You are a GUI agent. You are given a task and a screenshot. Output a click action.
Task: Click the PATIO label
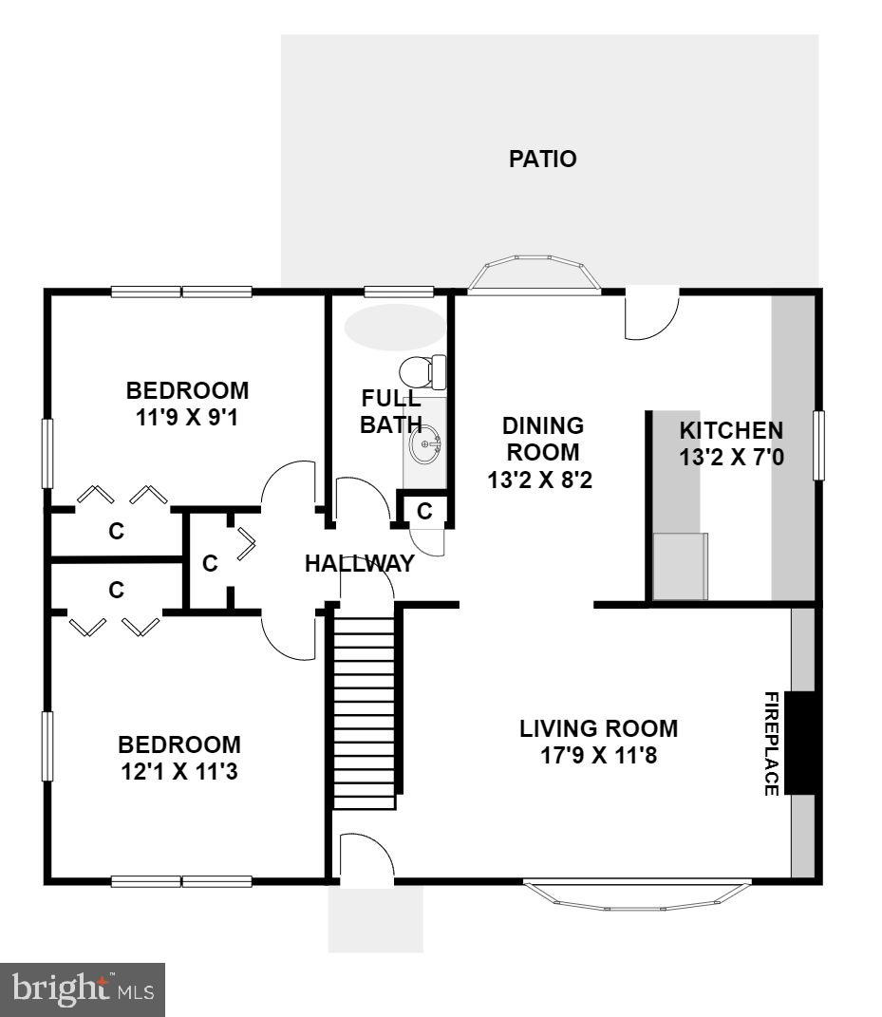click(542, 159)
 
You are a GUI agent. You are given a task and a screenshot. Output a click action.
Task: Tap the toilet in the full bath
click(424, 370)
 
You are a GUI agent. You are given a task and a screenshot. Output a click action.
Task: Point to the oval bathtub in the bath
click(394, 327)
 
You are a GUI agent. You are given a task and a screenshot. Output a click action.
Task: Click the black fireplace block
click(802, 743)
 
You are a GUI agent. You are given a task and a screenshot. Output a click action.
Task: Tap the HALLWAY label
click(359, 564)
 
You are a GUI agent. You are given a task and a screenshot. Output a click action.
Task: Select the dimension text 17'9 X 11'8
click(598, 757)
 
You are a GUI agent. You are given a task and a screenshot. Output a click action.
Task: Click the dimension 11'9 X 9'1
click(187, 418)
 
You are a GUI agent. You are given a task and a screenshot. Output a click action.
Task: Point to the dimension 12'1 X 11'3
click(178, 772)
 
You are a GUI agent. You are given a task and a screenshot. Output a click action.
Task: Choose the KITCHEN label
click(731, 430)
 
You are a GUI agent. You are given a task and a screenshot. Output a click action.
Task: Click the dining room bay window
click(536, 273)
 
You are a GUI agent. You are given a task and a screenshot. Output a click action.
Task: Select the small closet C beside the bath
click(424, 511)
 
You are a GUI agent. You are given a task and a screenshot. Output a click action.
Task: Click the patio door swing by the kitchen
click(650, 314)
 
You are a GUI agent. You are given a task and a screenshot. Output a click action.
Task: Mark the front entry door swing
click(366, 864)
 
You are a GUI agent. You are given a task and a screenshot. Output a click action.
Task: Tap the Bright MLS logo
click(83, 989)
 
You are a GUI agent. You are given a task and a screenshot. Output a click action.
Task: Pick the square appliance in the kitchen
click(681, 566)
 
